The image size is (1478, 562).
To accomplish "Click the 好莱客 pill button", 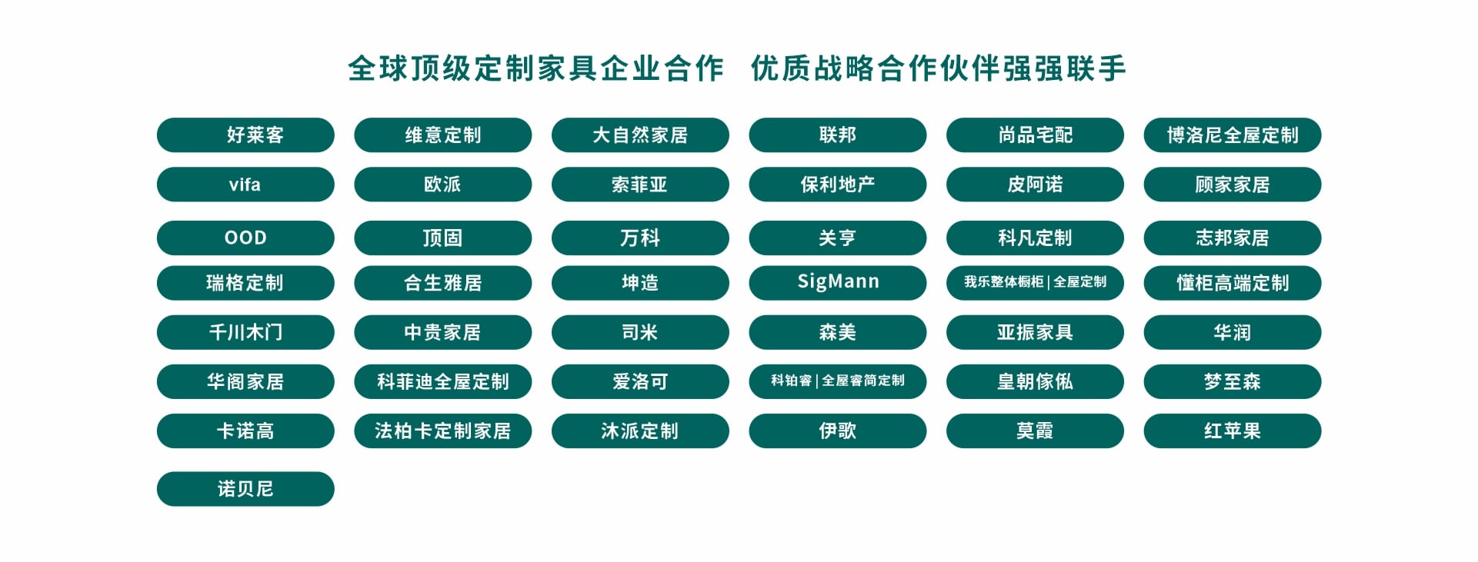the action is pyautogui.click(x=245, y=135).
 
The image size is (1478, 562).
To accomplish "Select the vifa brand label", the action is pyautogui.click(x=245, y=185).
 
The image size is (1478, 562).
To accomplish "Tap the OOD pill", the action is pyautogui.click(x=245, y=238).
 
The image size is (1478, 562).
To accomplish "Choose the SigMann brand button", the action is pyautogui.click(x=838, y=282).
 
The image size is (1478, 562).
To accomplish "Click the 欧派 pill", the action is pyautogui.click(x=443, y=185).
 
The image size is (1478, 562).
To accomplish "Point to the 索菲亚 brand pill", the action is pyautogui.click(x=640, y=185).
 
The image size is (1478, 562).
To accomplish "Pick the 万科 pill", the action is pyautogui.click(x=640, y=238).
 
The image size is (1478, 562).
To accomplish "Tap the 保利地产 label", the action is pyautogui.click(x=838, y=185).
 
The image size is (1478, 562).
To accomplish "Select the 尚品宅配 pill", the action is pyautogui.click(x=1036, y=135).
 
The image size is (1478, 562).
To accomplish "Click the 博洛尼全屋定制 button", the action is pyautogui.click(x=1233, y=135).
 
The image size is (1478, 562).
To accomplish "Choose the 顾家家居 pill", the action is pyautogui.click(x=1233, y=185).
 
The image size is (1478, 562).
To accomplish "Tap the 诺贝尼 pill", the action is pyautogui.click(x=245, y=489).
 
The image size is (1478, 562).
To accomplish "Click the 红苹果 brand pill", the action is pyautogui.click(x=1233, y=431).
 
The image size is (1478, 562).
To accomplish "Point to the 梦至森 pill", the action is pyautogui.click(x=1233, y=381).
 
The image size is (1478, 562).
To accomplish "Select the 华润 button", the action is pyautogui.click(x=1233, y=332).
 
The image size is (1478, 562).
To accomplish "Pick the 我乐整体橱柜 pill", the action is pyautogui.click(x=1036, y=282).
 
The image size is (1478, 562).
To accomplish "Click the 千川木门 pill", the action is pyautogui.click(x=245, y=332).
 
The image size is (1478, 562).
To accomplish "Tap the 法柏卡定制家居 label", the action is pyautogui.click(x=443, y=431).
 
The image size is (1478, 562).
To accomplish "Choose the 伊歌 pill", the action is pyautogui.click(x=838, y=431).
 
